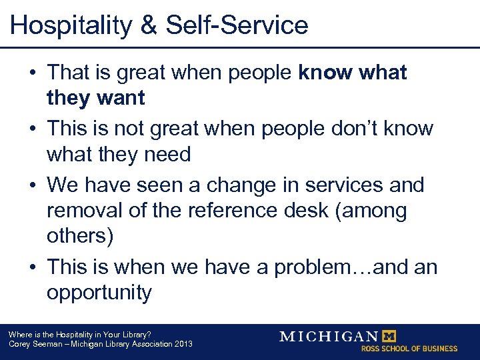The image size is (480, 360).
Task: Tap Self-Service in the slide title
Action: (237, 25)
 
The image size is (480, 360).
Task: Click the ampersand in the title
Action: (151, 25)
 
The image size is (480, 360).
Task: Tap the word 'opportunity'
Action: (99, 293)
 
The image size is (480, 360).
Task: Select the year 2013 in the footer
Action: (181, 344)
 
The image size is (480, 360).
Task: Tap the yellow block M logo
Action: (387, 335)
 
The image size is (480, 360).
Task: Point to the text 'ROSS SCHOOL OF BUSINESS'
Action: (409, 349)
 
